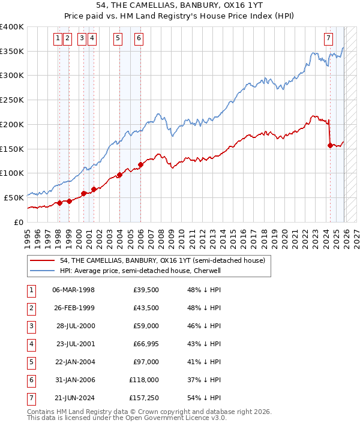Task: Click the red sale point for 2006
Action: click(140, 164)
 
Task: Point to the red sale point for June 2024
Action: click(330, 145)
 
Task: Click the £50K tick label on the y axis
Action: click(14, 197)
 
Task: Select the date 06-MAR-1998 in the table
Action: click(74, 290)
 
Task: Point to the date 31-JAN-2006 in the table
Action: click(74, 380)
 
